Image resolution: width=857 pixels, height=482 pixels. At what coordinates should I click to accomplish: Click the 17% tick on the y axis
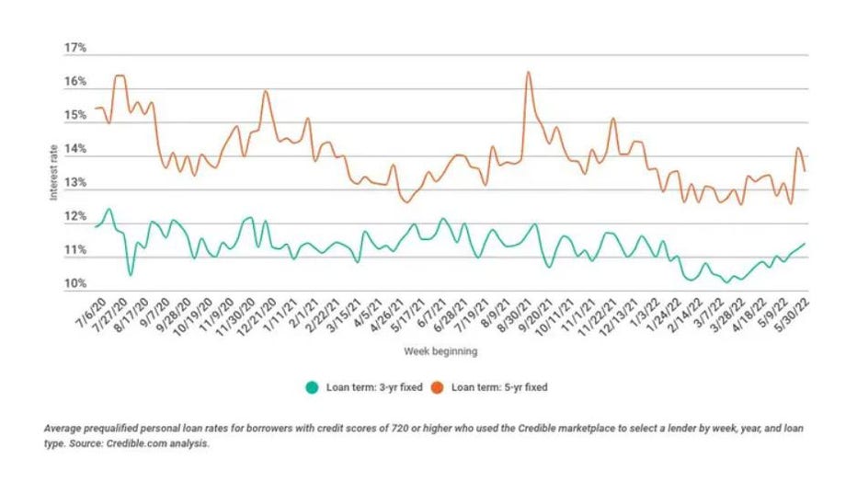(x=74, y=48)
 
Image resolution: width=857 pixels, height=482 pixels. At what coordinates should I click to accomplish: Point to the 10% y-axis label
(x=74, y=284)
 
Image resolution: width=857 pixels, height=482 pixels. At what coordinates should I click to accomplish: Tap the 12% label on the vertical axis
(x=74, y=217)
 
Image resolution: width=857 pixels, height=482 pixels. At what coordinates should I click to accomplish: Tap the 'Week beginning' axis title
(x=440, y=351)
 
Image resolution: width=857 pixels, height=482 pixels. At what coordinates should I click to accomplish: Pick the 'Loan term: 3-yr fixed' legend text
(x=373, y=387)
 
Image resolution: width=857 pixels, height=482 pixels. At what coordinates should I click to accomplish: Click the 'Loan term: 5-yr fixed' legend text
(x=499, y=387)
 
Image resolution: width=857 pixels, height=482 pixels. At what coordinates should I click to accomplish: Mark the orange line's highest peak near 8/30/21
(x=528, y=72)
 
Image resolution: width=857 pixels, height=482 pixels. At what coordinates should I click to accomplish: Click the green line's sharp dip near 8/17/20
(x=131, y=274)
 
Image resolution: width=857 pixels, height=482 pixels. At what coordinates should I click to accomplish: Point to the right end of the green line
(x=806, y=244)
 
